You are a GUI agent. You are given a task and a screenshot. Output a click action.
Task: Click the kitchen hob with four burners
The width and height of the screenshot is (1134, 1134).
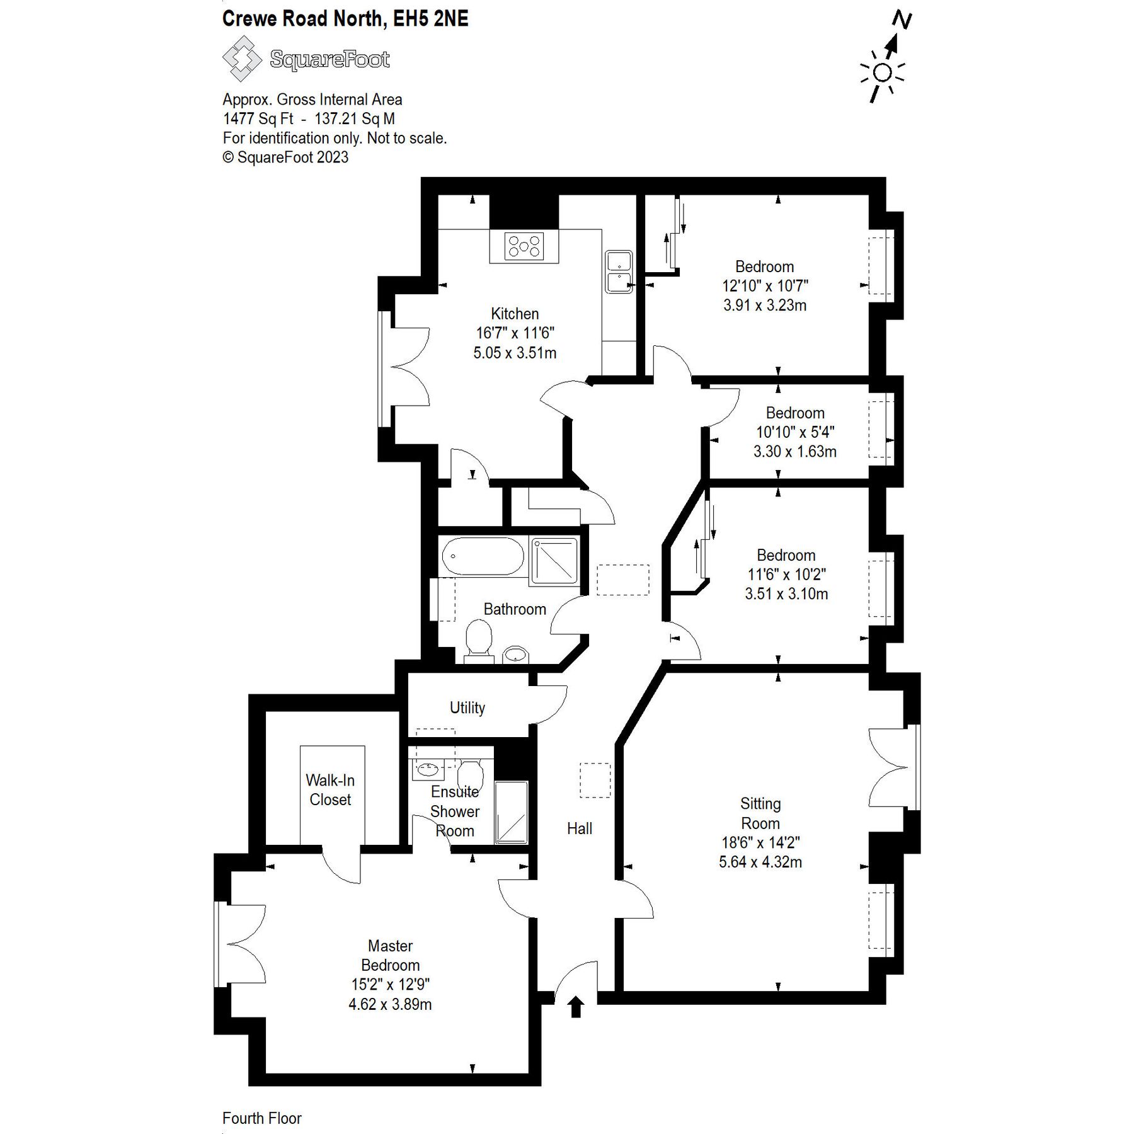pyautogui.click(x=524, y=246)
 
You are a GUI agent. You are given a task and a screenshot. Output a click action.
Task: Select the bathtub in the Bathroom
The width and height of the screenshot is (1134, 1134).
pyautogui.click(x=483, y=556)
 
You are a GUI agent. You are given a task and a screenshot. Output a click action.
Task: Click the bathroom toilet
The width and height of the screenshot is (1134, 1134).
pyautogui.click(x=479, y=640)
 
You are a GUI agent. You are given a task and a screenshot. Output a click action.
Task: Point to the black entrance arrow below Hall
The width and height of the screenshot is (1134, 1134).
pyautogui.click(x=575, y=1007)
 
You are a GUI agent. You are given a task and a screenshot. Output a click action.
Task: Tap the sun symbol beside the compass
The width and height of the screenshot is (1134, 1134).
pyautogui.click(x=883, y=74)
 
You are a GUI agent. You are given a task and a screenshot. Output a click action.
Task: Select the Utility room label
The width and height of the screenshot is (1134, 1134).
pyautogui.click(x=467, y=707)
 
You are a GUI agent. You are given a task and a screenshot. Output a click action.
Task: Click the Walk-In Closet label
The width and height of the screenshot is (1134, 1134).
pyautogui.click(x=330, y=789)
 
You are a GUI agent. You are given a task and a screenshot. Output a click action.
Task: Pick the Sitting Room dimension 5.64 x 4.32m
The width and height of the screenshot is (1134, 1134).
pyautogui.click(x=760, y=861)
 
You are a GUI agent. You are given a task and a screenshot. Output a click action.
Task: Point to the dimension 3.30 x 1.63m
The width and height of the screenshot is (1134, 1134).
pyautogui.click(x=794, y=451)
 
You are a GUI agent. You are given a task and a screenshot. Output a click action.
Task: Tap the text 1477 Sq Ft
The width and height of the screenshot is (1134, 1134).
pyautogui.click(x=258, y=118)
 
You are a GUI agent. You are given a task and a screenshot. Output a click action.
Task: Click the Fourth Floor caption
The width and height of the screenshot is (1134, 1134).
pyautogui.click(x=261, y=1118)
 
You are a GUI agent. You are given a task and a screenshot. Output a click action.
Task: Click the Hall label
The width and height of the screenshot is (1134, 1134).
pyautogui.click(x=579, y=828)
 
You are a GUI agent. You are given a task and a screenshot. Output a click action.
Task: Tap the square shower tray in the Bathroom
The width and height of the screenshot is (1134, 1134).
pyautogui.click(x=554, y=560)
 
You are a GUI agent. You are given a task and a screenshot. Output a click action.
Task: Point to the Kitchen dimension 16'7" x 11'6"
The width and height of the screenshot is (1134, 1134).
pyautogui.click(x=515, y=333)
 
